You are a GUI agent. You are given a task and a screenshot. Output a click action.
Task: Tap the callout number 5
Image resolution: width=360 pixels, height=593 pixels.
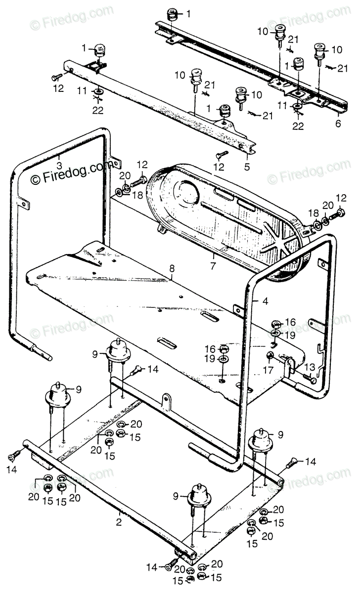247,161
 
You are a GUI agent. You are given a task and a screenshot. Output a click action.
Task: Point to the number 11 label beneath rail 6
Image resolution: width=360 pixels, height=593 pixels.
282,105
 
